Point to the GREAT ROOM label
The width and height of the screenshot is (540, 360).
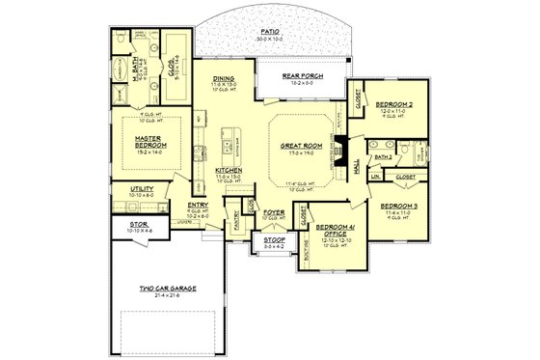(x=294, y=146)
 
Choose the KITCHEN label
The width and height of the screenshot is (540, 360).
(x=229, y=170)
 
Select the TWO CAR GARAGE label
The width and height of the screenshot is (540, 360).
(x=160, y=287)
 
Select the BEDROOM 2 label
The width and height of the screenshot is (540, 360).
(x=394, y=103)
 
